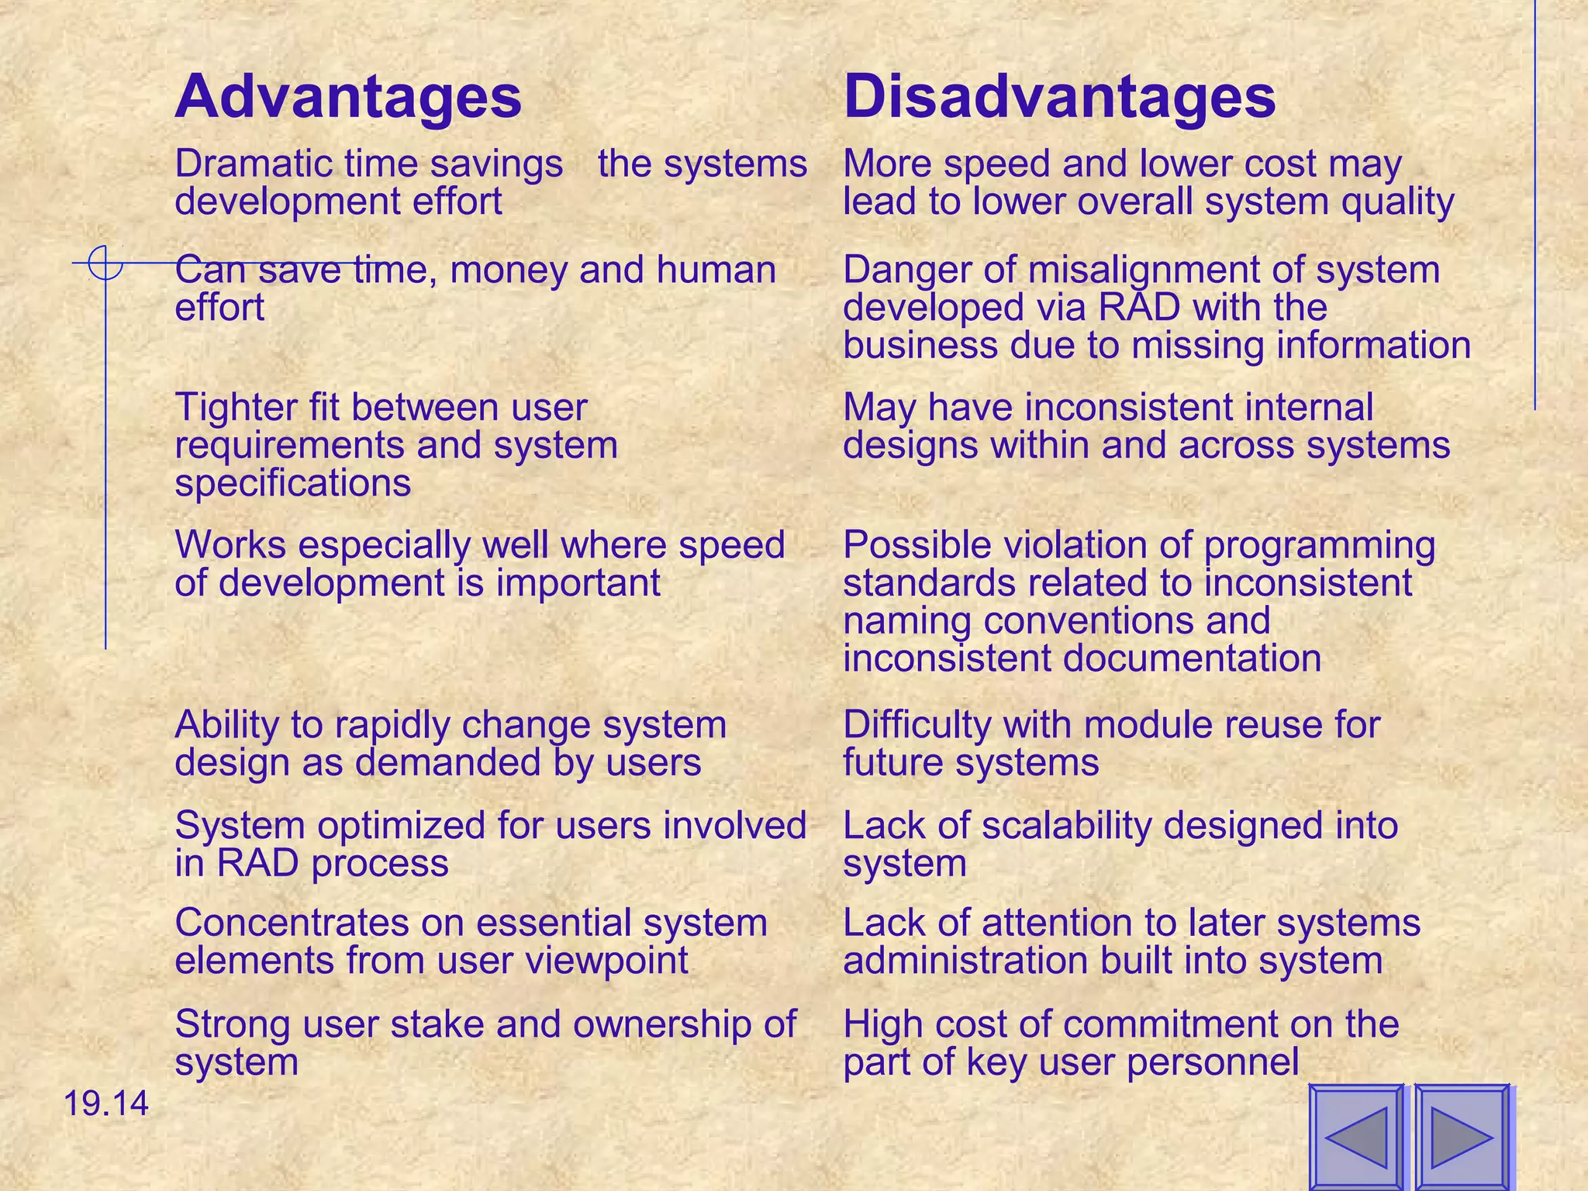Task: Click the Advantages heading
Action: click(348, 97)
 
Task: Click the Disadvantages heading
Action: click(1059, 97)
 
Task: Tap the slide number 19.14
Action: click(105, 1103)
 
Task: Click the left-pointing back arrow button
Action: click(1357, 1137)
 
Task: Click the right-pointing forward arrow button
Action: click(1462, 1137)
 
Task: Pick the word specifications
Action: click(293, 484)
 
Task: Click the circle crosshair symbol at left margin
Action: click(105, 264)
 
